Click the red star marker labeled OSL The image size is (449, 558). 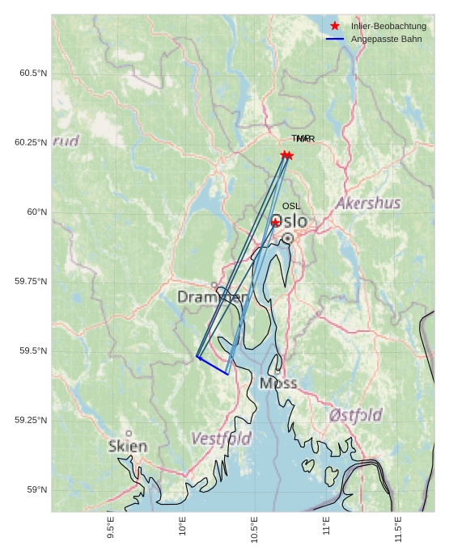click(x=275, y=222)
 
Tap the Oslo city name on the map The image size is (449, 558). click(x=289, y=221)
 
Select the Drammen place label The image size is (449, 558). click(x=212, y=297)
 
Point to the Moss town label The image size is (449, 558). click(x=278, y=383)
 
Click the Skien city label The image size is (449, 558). click(x=128, y=447)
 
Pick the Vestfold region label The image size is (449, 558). click(x=221, y=438)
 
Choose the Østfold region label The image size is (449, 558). click(x=356, y=415)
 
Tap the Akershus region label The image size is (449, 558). click(x=368, y=203)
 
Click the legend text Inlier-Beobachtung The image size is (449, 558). click(x=388, y=26)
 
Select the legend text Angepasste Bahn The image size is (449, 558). click(x=386, y=39)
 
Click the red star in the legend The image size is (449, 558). click(x=335, y=26)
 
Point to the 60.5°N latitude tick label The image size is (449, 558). click(x=33, y=73)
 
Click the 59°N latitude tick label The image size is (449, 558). click(x=37, y=489)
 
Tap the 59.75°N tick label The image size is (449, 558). click(x=31, y=281)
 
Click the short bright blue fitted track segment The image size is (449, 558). click(x=212, y=365)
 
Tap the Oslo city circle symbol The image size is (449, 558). click(x=287, y=238)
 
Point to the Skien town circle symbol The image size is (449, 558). click(x=128, y=434)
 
